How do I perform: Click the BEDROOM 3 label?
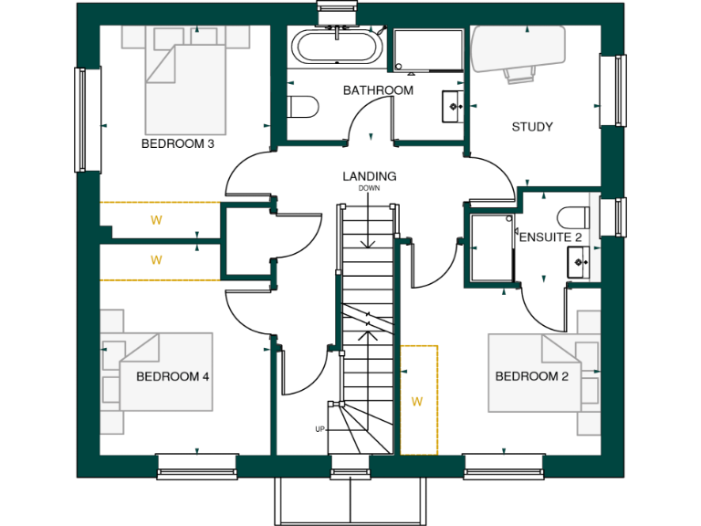pos(177,144)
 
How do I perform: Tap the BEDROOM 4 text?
pos(173,376)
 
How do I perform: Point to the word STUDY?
pos(531,127)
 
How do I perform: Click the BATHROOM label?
pos(378,90)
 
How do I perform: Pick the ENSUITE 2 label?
pos(550,237)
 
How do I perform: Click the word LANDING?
pos(369,176)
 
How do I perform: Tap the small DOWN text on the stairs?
pos(369,188)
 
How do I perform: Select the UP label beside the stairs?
pos(319,429)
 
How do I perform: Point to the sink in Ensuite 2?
pos(579,263)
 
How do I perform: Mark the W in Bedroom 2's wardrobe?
pos(418,401)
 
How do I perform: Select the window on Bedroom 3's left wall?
pos(89,120)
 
